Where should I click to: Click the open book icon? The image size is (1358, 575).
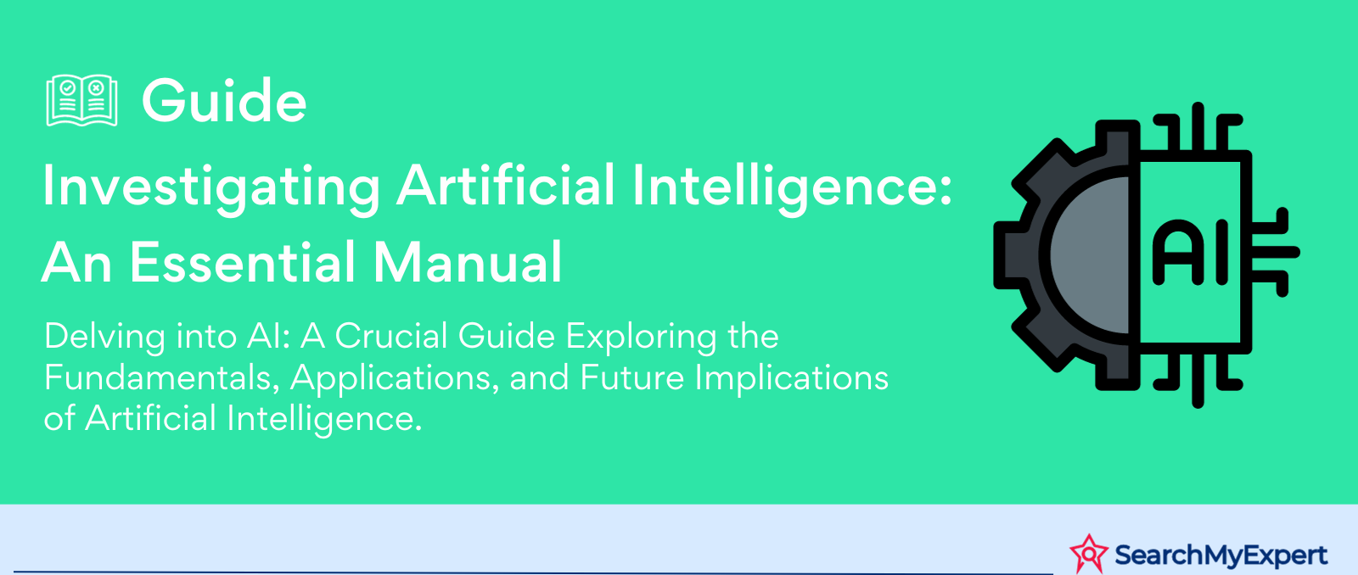pyautogui.click(x=81, y=101)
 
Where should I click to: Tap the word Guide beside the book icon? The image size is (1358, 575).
pyautogui.click(x=224, y=101)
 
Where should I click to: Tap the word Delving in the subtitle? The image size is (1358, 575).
pyautogui.click(x=104, y=337)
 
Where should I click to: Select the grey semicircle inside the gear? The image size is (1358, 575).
pyautogui.click(x=1090, y=255)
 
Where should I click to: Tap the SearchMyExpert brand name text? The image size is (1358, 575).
pyautogui.click(x=1221, y=555)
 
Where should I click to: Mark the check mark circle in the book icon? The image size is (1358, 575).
pyautogui.click(x=68, y=88)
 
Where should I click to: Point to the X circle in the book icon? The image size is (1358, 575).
pyautogui.click(x=96, y=88)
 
